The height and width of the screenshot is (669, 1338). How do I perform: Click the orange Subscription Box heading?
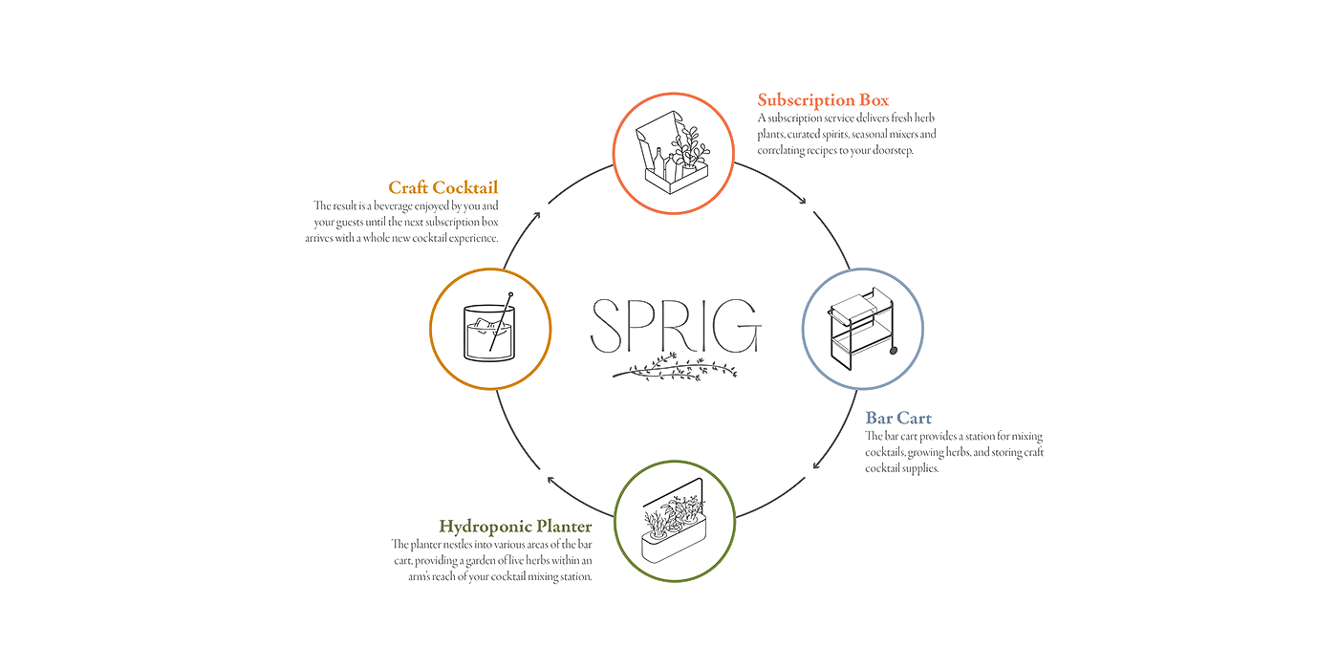[x=823, y=98]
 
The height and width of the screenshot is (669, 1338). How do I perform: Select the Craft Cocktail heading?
[x=442, y=187]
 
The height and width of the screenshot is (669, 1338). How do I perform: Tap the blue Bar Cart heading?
[x=898, y=418]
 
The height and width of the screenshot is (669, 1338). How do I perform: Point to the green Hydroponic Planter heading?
[x=515, y=526]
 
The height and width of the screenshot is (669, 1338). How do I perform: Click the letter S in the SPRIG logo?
[x=605, y=326]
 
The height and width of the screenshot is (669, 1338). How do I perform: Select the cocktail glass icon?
[x=489, y=329]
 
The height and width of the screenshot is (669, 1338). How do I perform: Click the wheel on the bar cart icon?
[x=894, y=350]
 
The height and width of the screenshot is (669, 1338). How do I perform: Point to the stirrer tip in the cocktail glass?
[x=510, y=294]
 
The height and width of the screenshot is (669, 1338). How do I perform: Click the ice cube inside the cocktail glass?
[x=486, y=322]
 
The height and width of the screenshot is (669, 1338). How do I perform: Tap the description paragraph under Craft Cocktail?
[x=405, y=222]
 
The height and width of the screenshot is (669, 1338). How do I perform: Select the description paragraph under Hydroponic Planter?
[x=492, y=560]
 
